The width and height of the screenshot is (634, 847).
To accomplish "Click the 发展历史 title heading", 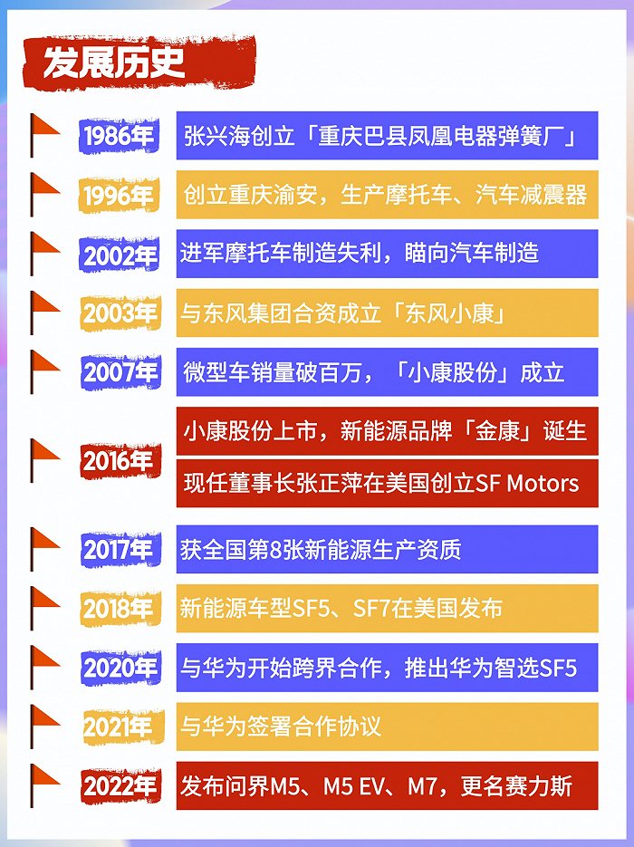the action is click(x=115, y=63).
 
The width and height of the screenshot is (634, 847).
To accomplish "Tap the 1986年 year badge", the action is click(x=119, y=137).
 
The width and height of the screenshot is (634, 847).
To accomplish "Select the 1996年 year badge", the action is click(x=119, y=196).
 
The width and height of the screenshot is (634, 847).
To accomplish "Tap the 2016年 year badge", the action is click(x=118, y=461).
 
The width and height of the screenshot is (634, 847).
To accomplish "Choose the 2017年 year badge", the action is click(x=119, y=549).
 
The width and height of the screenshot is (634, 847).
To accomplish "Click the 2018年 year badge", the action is click(x=119, y=609).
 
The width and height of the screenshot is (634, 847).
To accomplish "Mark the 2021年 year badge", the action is click(x=118, y=727).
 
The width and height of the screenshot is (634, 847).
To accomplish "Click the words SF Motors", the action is click(x=527, y=483).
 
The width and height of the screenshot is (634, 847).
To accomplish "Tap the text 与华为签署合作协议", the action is click(x=281, y=727).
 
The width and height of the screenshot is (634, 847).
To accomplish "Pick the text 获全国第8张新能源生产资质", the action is click(x=321, y=549).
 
